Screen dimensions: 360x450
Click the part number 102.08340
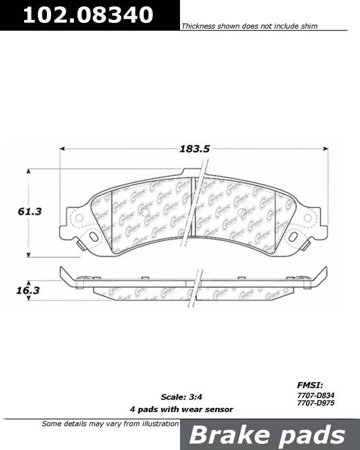pyautogui.click(x=88, y=15)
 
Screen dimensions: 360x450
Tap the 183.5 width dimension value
pyautogui.click(x=195, y=149)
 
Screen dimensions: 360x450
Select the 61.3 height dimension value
pyautogui.click(x=29, y=212)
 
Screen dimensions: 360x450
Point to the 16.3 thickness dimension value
pyautogui.click(x=28, y=291)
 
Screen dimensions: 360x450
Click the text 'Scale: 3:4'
pyautogui.click(x=181, y=397)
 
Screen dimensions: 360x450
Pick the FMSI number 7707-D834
pyautogui.click(x=316, y=396)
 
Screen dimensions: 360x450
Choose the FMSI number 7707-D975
pyautogui.click(x=316, y=403)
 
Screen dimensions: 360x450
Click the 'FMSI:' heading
pyautogui.click(x=310, y=385)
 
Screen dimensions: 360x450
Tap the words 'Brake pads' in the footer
pyautogui.click(x=267, y=435)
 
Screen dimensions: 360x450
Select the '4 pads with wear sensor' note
pyautogui.click(x=181, y=410)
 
